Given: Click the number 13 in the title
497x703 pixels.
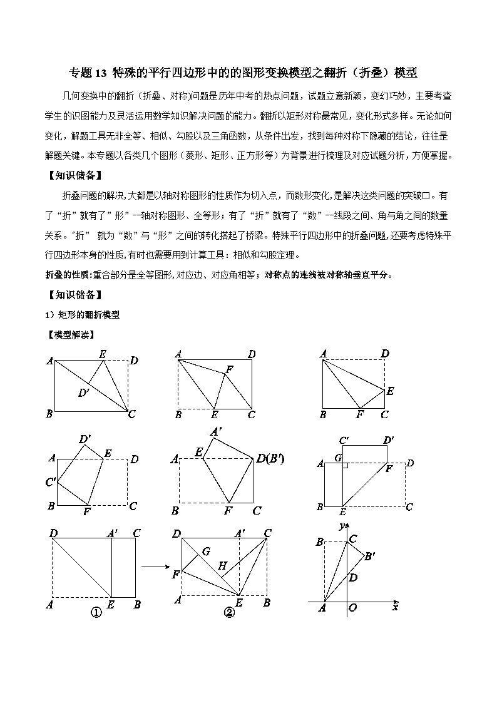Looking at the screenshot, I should tap(101, 73).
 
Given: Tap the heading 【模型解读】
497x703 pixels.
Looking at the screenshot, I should tap(71, 335).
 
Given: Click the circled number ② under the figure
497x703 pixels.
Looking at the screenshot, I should tap(228, 613).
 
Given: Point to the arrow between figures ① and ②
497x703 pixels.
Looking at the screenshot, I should tap(153, 567).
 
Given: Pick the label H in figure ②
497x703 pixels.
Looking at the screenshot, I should tap(222, 565).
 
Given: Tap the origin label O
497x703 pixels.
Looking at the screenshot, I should tap(354, 607).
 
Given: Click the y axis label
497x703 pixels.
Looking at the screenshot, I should tap(341, 526).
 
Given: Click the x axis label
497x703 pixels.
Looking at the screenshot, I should tap(395, 606).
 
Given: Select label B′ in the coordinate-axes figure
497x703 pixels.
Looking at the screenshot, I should tap(370, 555).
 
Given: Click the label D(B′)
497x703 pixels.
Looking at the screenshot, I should tap(270, 459).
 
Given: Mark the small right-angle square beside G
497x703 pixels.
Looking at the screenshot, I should tap(345, 465).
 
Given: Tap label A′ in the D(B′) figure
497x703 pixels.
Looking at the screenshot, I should tap(216, 431).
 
